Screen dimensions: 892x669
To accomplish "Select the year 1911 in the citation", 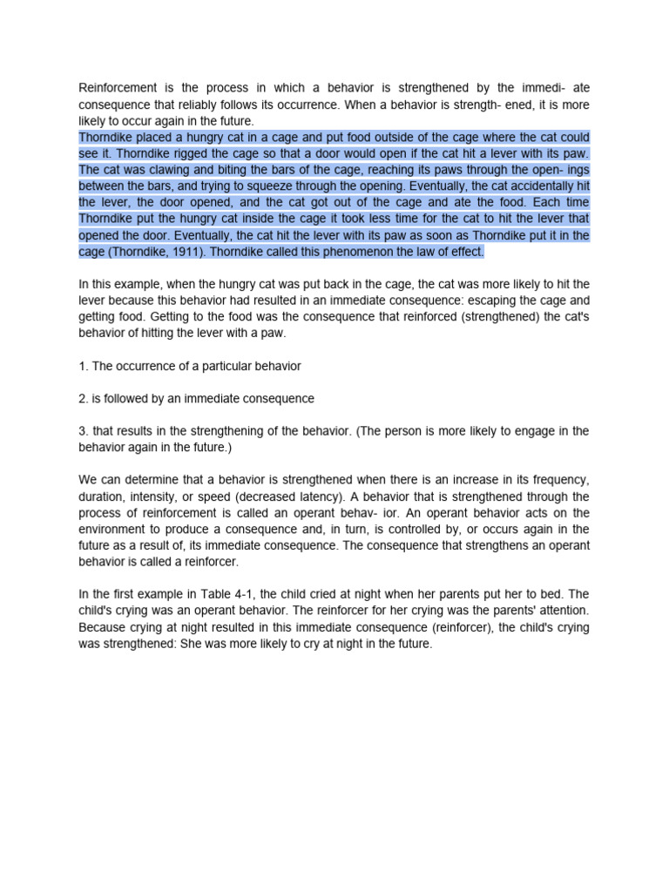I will click(x=206, y=252).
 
